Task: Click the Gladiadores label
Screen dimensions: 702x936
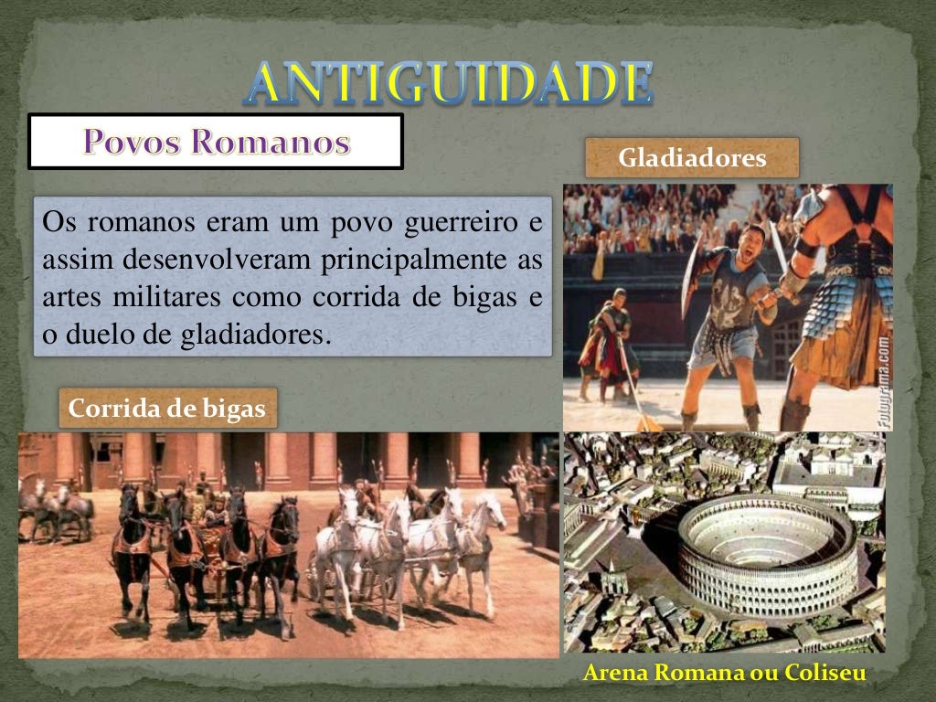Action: coord(692,158)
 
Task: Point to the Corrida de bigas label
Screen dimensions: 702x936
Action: coord(167,409)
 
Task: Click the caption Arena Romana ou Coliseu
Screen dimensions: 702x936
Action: coord(724,673)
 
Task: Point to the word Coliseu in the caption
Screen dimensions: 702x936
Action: coord(827,673)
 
